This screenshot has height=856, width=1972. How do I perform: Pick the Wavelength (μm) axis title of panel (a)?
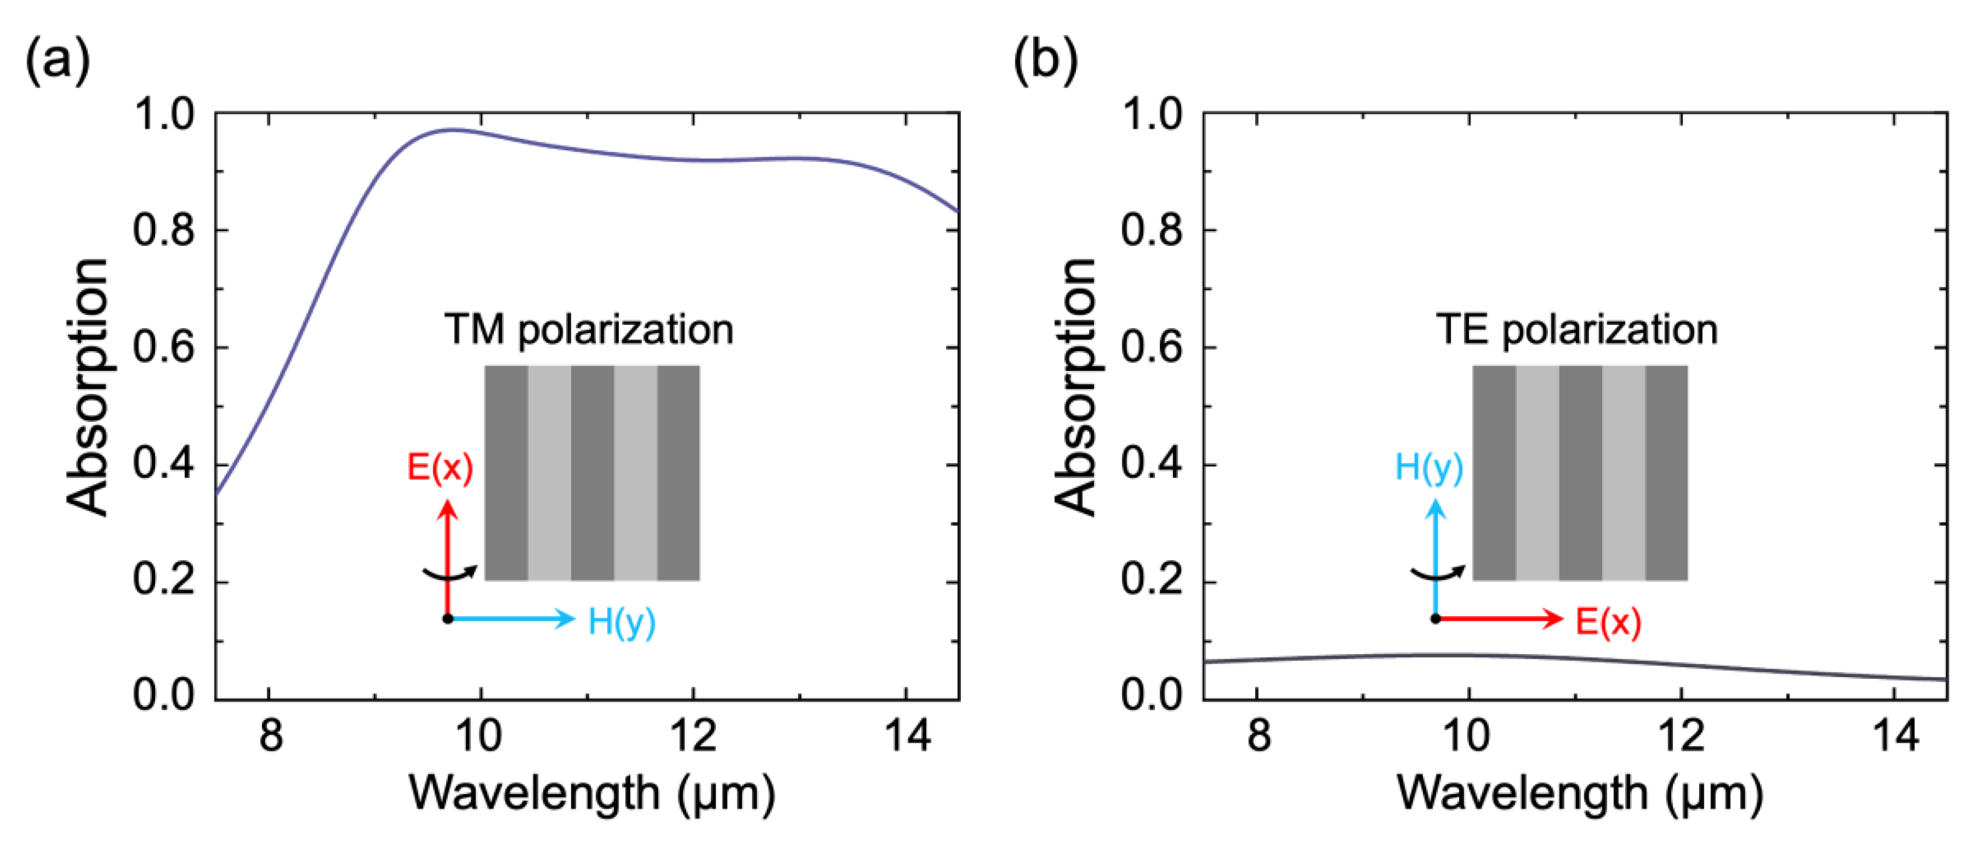592,793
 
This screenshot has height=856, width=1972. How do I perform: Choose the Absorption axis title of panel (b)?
1075,387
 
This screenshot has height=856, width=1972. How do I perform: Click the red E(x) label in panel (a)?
439,467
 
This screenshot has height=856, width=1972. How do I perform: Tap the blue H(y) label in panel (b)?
1428,467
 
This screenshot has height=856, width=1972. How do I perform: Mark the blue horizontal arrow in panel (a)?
513,618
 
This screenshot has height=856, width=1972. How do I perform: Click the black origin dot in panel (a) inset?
448,619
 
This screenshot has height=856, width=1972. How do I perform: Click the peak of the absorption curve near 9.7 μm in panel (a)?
453,129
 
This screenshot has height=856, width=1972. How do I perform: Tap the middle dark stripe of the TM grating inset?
592,473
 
